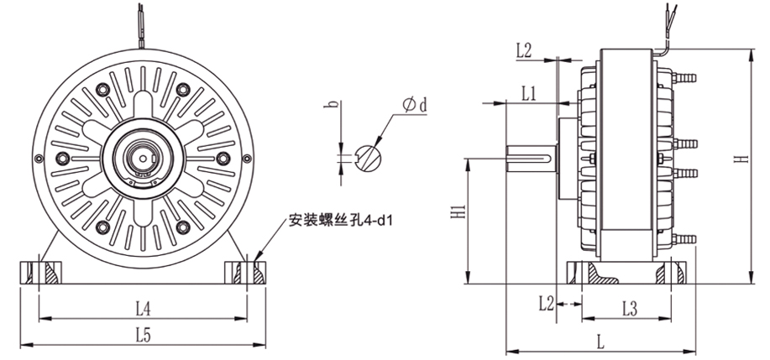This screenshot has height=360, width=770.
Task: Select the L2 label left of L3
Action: point(545,301)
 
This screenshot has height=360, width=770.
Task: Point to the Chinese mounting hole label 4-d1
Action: point(341,222)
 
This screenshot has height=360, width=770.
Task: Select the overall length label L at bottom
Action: point(598,342)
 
